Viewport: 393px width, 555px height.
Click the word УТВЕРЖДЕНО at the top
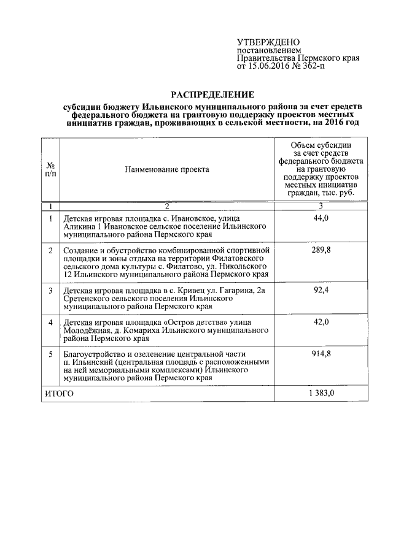click(268, 41)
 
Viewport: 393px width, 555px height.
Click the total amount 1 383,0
click(321, 394)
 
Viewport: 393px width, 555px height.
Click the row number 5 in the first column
click(50, 354)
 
